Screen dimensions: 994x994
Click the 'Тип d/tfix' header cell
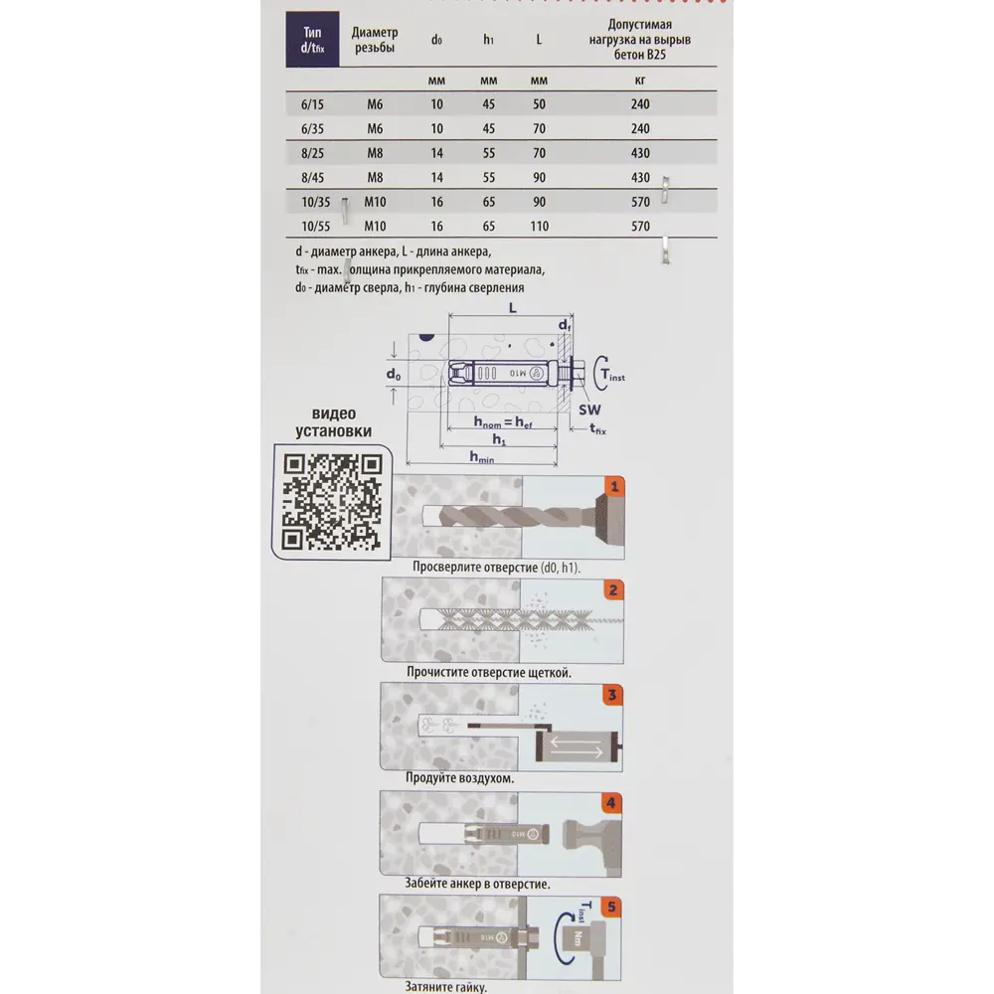coord(312,40)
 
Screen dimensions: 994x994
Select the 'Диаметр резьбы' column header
coord(375,40)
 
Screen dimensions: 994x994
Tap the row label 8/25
coord(312,153)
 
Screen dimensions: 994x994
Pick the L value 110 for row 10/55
coord(539,227)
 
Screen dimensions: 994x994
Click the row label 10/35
coord(312,202)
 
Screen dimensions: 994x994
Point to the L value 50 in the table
coord(539,103)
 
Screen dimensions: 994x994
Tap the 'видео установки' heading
coord(334,422)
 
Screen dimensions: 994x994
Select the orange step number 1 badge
coord(614,487)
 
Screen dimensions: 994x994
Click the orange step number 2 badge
coord(614,589)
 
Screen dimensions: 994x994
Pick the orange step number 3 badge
coord(614,696)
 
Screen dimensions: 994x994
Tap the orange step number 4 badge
coord(614,802)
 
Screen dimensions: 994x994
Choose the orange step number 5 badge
coord(614,907)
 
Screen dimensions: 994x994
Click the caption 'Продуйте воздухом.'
coord(459,778)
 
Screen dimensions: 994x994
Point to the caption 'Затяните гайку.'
coord(446,987)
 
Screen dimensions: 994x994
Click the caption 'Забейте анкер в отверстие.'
coord(477,883)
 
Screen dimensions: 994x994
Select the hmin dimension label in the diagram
coord(483,457)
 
